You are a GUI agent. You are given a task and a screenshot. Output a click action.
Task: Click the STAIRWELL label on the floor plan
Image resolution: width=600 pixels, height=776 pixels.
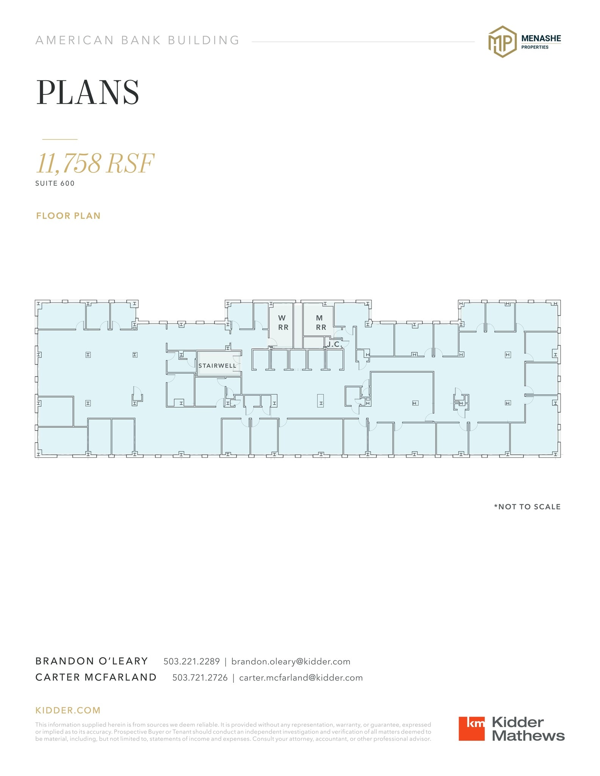tap(217, 366)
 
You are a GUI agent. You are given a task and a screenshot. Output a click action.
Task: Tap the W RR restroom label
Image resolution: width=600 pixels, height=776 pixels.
tap(283, 322)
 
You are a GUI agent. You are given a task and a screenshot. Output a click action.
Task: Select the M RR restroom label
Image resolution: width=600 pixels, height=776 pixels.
tap(321, 322)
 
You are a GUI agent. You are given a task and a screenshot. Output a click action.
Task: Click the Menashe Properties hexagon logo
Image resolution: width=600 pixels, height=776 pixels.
tap(502, 42)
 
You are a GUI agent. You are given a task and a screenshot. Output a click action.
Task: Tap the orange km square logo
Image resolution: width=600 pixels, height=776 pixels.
tap(472, 728)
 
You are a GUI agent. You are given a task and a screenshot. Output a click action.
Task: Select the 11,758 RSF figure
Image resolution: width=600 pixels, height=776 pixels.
tap(95, 163)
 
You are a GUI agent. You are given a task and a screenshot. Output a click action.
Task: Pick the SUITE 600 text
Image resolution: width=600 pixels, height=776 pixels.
tap(55, 183)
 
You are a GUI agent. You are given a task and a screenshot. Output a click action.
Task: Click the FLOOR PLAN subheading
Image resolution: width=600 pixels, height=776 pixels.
tap(68, 216)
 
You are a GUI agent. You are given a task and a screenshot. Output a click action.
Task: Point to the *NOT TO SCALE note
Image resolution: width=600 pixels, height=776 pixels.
tap(527, 507)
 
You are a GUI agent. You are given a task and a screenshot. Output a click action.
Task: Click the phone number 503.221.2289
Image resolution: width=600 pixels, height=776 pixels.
tap(191, 661)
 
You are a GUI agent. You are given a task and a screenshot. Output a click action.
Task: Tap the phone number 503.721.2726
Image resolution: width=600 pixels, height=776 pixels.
tap(200, 677)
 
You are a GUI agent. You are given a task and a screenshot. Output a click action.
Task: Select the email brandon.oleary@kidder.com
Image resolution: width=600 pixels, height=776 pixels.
tap(291, 661)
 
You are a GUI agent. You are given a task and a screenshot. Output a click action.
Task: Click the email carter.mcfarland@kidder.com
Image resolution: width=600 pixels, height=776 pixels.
tap(301, 677)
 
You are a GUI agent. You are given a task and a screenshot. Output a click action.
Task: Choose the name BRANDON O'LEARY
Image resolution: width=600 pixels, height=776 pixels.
tap(92, 661)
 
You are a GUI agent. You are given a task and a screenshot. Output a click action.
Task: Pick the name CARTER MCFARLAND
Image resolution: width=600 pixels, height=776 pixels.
tap(96, 677)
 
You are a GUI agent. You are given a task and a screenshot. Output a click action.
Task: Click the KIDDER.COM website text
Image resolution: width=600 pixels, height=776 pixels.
tap(68, 710)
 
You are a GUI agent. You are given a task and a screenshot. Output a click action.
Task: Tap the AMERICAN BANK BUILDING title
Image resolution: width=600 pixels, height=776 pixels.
tap(138, 40)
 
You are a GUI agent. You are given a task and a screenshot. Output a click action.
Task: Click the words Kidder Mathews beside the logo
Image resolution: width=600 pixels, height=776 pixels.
tap(528, 729)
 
